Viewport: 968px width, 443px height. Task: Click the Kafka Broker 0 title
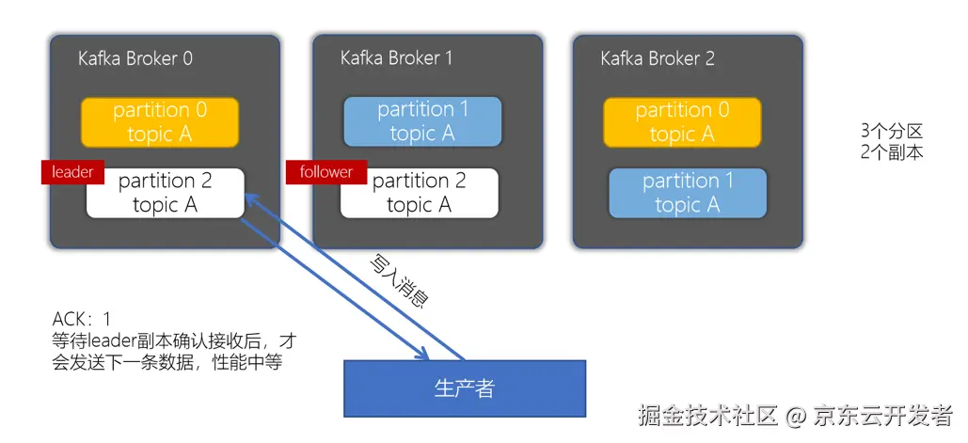(x=135, y=59)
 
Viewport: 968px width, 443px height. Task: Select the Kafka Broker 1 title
(x=396, y=58)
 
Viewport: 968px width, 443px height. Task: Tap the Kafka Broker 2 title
(x=658, y=59)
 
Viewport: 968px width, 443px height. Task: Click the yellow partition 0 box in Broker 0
(x=159, y=122)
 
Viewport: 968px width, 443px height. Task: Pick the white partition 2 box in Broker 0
(x=166, y=193)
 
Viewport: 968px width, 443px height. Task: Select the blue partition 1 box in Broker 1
(x=422, y=122)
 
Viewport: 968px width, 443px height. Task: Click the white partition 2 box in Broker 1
(x=419, y=193)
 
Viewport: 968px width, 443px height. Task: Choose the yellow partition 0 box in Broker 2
(x=682, y=122)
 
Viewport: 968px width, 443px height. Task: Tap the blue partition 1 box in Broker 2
(x=687, y=193)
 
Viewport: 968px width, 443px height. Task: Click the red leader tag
(x=72, y=172)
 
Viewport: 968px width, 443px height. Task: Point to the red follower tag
(x=325, y=172)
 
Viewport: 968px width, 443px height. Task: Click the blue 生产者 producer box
(x=464, y=388)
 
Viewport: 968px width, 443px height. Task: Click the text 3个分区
(x=891, y=131)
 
